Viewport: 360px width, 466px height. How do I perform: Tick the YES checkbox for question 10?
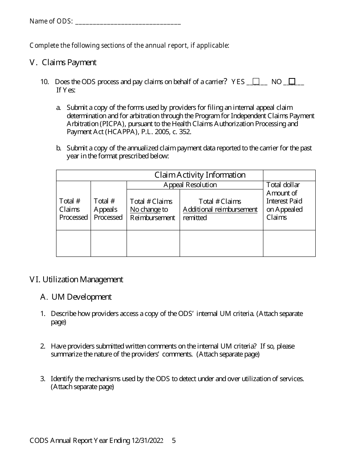click(x=256, y=81)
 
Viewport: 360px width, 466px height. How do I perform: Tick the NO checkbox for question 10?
click(x=292, y=81)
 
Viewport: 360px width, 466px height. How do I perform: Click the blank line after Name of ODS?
click(x=128, y=22)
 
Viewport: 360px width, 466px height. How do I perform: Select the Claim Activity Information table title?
click(x=200, y=175)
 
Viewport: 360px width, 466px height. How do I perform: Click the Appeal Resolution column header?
click(x=190, y=185)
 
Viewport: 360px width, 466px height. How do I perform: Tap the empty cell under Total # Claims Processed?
click(x=74, y=243)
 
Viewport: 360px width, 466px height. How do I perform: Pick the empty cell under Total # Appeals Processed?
click(x=108, y=243)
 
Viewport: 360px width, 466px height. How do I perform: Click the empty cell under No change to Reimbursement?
click(x=153, y=243)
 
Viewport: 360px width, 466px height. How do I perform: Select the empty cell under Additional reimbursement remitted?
click(x=221, y=243)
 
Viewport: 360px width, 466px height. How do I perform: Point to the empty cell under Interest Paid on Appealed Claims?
click(x=289, y=243)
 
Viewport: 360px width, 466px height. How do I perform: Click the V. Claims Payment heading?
click(x=63, y=63)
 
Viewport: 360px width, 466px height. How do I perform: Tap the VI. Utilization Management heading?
click(x=76, y=280)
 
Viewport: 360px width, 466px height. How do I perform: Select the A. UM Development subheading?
click(x=76, y=297)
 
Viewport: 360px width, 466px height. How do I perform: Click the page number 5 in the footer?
click(x=174, y=441)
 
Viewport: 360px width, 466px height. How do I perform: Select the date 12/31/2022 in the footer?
click(x=147, y=441)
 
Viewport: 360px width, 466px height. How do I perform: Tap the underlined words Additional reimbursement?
click(x=220, y=210)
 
